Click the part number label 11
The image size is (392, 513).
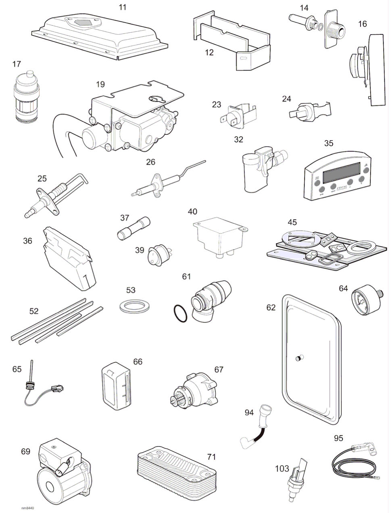coord(123,7)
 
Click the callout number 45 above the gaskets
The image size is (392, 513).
coord(292,222)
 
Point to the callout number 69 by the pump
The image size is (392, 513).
coord(25,451)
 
